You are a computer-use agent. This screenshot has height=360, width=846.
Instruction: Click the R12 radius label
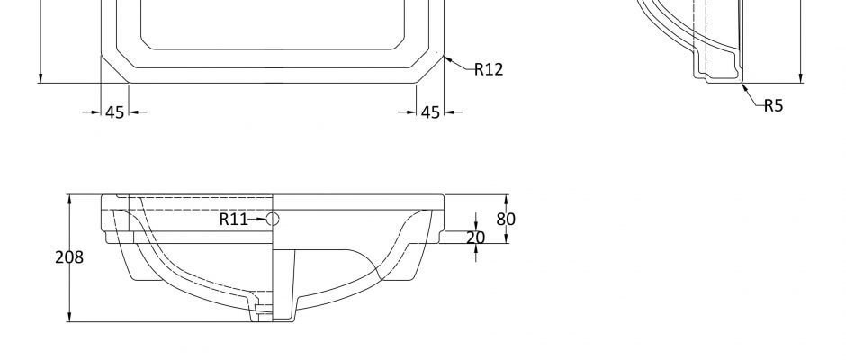(489, 69)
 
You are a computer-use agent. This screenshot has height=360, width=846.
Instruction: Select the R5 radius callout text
(773, 106)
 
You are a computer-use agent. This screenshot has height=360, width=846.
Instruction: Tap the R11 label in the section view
(234, 219)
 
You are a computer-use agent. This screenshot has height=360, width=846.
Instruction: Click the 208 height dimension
(69, 257)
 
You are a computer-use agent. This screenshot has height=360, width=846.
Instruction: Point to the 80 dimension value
(506, 219)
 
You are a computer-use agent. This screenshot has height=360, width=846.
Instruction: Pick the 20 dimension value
(475, 238)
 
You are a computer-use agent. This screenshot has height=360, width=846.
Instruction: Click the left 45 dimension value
(115, 112)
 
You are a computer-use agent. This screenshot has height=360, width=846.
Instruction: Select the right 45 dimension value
(430, 112)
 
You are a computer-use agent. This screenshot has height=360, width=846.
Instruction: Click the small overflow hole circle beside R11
(273, 219)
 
